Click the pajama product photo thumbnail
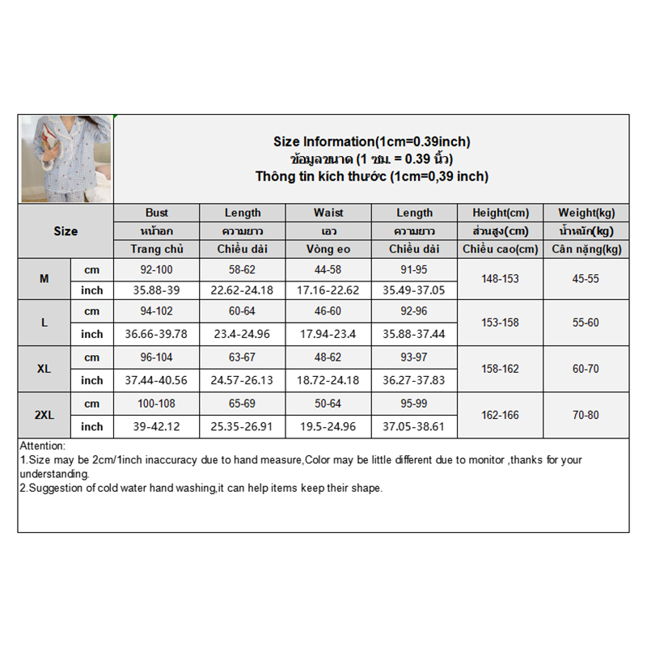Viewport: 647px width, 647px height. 66,159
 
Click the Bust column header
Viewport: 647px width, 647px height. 157,213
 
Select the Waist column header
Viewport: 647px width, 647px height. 328,213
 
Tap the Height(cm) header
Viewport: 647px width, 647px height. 501,213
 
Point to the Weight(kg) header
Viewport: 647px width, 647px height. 586,213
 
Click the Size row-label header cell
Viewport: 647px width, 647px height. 66,231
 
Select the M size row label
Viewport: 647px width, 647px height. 44,278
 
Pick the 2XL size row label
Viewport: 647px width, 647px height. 44,415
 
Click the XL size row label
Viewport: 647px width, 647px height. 44,369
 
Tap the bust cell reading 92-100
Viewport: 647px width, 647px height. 157,269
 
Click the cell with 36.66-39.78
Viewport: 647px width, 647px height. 157,334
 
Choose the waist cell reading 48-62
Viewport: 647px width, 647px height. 328,357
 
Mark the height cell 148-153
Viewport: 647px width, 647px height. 501,278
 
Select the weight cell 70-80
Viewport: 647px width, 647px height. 586,415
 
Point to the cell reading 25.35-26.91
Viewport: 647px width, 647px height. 243,426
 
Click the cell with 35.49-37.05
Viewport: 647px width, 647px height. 414,290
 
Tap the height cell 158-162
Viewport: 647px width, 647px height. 501,369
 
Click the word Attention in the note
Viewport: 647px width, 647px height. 43,446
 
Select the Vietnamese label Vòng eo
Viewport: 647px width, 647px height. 328,249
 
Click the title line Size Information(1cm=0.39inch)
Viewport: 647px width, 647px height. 371,142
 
